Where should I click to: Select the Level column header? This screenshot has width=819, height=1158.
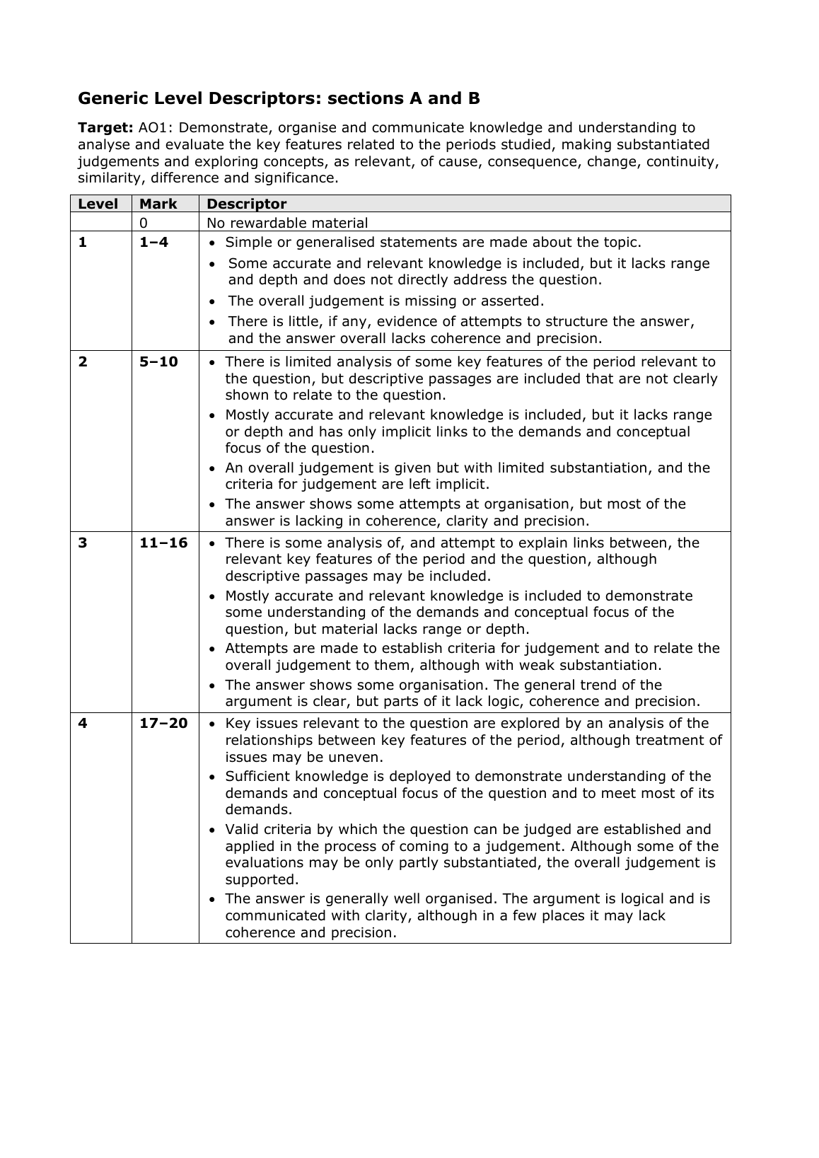click(98, 204)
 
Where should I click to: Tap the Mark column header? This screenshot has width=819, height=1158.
click(158, 204)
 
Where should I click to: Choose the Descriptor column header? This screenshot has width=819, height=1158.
click(246, 204)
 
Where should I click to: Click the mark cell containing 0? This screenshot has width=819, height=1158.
click(144, 223)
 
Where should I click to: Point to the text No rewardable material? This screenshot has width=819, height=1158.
click(287, 223)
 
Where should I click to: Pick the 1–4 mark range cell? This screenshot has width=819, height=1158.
click(153, 243)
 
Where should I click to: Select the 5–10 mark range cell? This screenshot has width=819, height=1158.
click(158, 362)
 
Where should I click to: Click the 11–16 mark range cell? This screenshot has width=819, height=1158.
click(163, 543)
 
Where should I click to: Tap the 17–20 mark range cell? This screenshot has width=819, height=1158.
click(163, 724)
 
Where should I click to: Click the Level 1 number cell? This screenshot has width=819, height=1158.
click(83, 243)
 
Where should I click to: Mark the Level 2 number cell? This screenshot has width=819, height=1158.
click(83, 362)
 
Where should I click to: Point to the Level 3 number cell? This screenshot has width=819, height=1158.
click(83, 543)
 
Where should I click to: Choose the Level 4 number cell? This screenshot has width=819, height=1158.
click(83, 724)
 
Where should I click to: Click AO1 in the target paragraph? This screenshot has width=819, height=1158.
click(152, 128)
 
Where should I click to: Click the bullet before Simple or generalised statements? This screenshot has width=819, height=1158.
click(214, 243)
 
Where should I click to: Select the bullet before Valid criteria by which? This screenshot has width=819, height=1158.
click(214, 830)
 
